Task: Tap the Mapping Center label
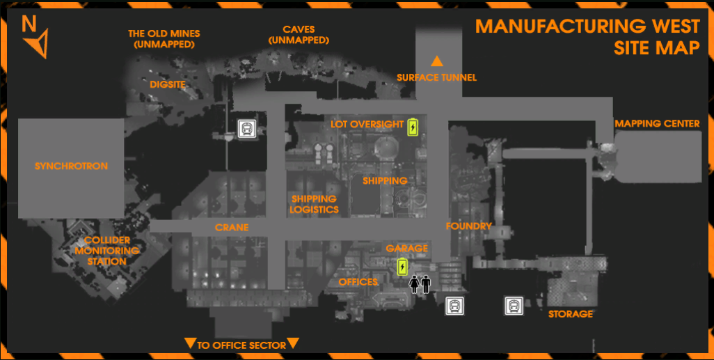click(657, 124)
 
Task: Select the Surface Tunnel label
click(436, 77)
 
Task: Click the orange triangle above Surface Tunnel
click(437, 61)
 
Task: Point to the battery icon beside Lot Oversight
click(413, 127)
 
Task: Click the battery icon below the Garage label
click(402, 267)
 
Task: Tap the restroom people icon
click(420, 284)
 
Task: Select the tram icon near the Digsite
click(246, 129)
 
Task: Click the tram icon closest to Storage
click(514, 305)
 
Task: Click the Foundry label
click(469, 226)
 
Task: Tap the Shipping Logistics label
click(315, 204)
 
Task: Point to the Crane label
click(232, 228)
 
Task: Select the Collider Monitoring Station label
click(107, 251)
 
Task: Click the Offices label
click(358, 282)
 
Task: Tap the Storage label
click(570, 314)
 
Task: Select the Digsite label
click(168, 85)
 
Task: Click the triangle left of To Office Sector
click(189, 343)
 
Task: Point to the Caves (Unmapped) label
click(299, 35)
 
